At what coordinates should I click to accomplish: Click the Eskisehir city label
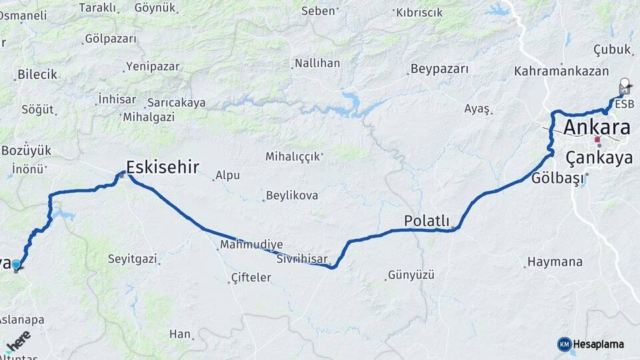point(163,167)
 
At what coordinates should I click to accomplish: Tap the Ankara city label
point(597,127)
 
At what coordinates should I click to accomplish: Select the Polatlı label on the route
point(427,221)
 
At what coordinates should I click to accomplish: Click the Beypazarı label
point(439,69)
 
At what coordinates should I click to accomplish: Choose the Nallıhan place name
point(317,63)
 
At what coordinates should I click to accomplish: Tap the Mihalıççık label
point(293,157)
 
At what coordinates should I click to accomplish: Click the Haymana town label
point(555,262)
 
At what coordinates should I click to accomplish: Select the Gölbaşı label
point(557,178)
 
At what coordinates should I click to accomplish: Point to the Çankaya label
point(599,158)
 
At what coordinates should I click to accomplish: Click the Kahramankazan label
point(552,71)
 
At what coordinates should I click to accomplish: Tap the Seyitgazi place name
point(132,258)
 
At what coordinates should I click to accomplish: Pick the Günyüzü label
point(411,275)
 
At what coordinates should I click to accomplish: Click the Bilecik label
point(37,75)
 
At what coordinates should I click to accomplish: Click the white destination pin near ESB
point(625,85)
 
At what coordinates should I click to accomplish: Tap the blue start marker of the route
point(17,265)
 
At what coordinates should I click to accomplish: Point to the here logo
point(19,341)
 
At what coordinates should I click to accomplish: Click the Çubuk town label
point(611,49)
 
